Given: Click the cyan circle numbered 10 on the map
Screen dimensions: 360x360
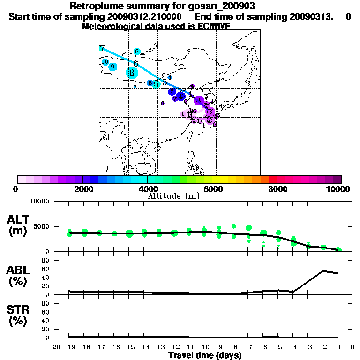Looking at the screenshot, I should click(x=105, y=62).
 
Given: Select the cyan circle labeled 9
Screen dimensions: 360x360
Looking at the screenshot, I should click(x=112, y=67).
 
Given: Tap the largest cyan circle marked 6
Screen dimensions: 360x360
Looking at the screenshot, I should click(x=132, y=73).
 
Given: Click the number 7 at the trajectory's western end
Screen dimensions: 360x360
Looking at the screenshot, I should click(x=102, y=48).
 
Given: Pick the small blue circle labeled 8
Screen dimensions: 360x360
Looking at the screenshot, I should click(x=150, y=83).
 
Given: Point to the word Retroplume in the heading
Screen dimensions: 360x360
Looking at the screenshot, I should click(x=93, y=6).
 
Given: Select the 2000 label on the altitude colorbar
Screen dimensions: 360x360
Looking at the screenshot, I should click(x=82, y=189).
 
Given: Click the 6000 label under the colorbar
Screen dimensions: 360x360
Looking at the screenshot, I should click(x=212, y=189).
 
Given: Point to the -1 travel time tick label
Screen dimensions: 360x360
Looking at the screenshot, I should click(x=337, y=347).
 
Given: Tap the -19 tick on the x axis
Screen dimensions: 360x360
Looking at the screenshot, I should click(x=69, y=347).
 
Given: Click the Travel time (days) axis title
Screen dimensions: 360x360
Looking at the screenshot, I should click(x=205, y=355).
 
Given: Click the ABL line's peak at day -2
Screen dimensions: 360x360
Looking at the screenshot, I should click(x=323, y=271).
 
